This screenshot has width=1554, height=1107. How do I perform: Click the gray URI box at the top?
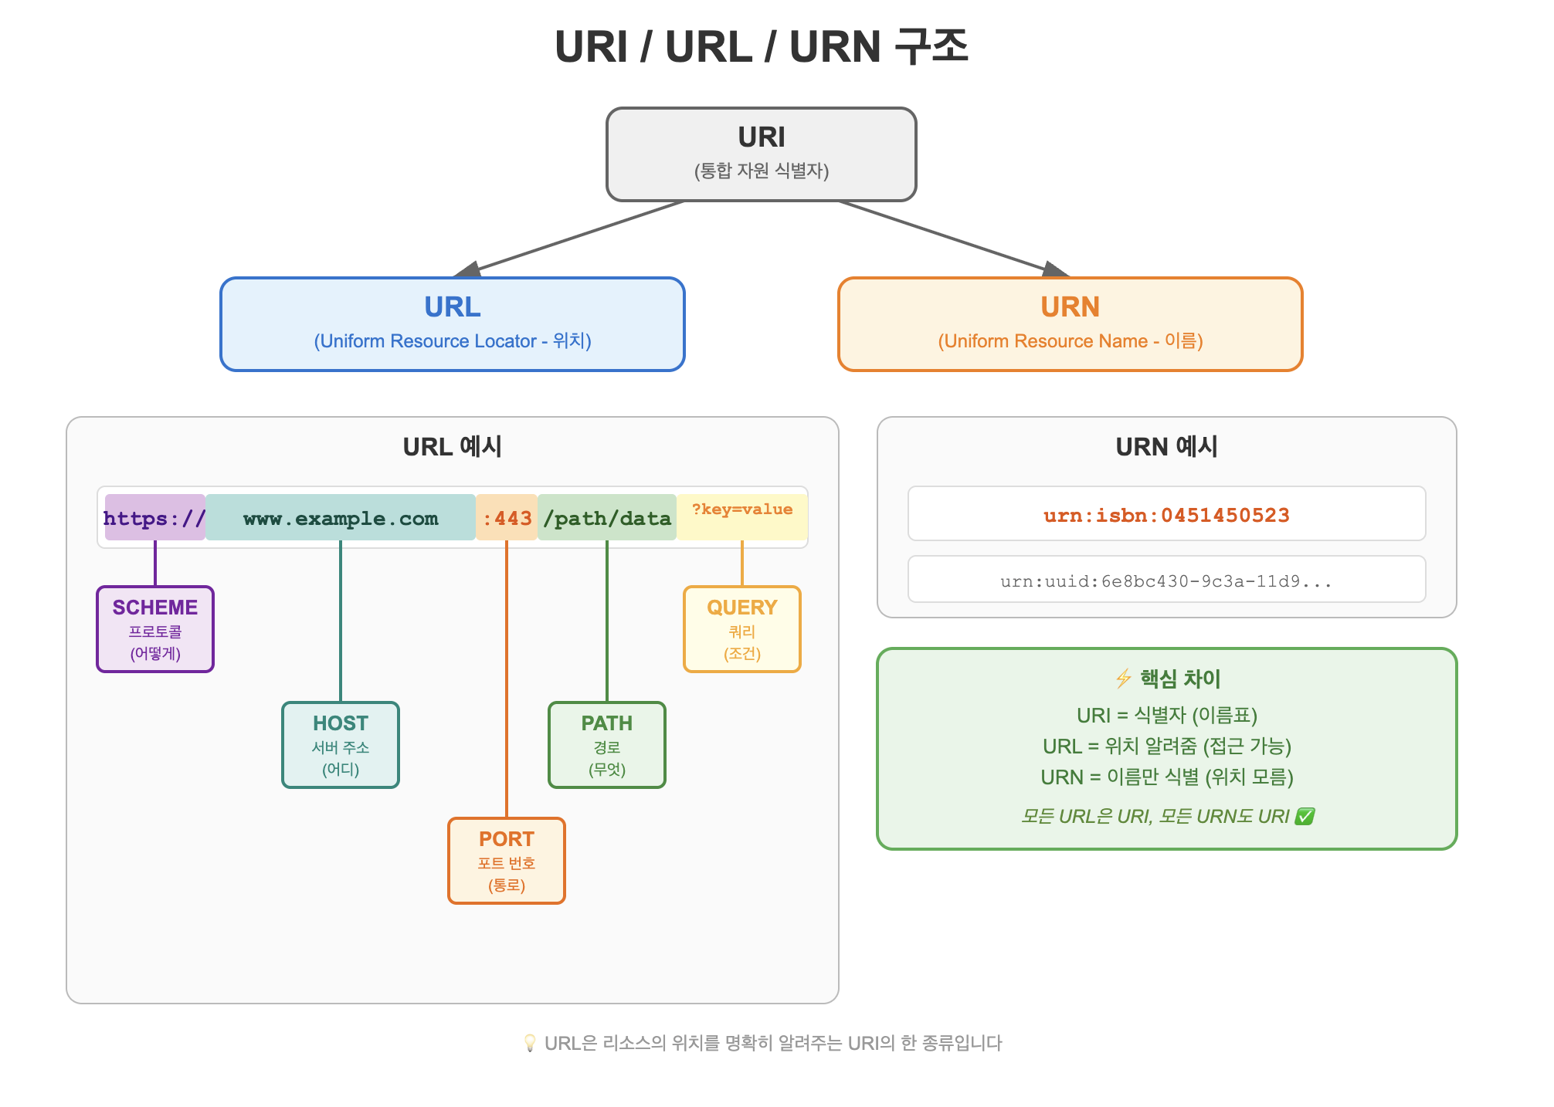[x=761, y=154]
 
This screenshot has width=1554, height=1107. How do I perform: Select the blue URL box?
[x=453, y=324]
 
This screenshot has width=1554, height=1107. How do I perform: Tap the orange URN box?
[x=1070, y=324]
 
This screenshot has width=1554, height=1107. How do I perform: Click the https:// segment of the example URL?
[x=155, y=517]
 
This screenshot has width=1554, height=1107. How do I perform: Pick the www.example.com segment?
[x=341, y=517]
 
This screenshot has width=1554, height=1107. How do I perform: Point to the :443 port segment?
[x=507, y=517]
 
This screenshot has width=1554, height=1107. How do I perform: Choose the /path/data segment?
[x=607, y=517]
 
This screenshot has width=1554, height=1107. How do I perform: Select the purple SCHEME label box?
[x=155, y=629]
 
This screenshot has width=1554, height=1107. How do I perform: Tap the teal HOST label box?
[x=341, y=745]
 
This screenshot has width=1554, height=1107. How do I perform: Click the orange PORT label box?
[x=507, y=861]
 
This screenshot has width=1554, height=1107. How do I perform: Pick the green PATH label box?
[x=607, y=745]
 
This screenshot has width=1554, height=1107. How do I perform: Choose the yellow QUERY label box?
[x=742, y=629]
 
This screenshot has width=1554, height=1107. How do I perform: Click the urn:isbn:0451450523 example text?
[x=1166, y=515]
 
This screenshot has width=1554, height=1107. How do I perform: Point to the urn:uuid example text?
[x=1166, y=581]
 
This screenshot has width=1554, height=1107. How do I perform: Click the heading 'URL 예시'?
[x=453, y=446]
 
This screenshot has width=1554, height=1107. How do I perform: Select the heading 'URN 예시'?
[x=1166, y=446]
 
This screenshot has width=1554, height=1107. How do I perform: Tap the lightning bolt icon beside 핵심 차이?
[x=1123, y=679]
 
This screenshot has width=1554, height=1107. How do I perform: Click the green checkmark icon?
[x=1305, y=816]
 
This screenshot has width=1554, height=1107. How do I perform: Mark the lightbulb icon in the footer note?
[x=530, y=1043]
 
